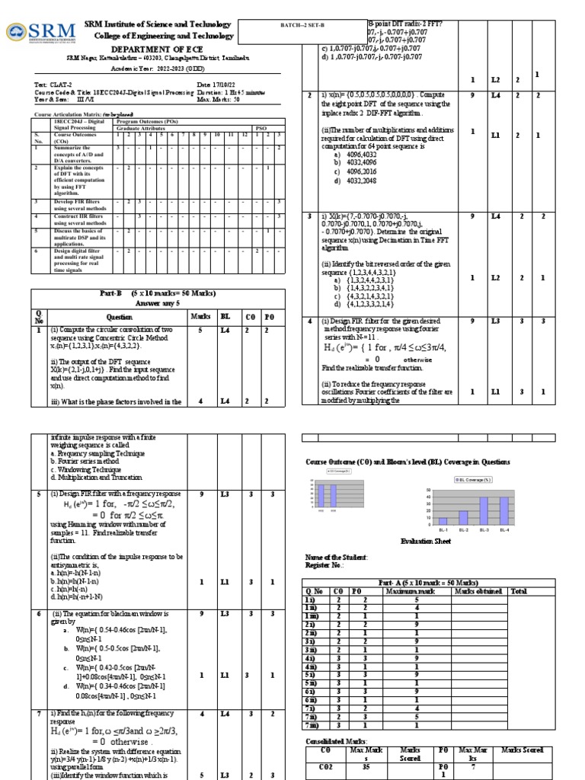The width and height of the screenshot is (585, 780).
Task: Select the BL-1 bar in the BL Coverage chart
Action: (x=443, y=520)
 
